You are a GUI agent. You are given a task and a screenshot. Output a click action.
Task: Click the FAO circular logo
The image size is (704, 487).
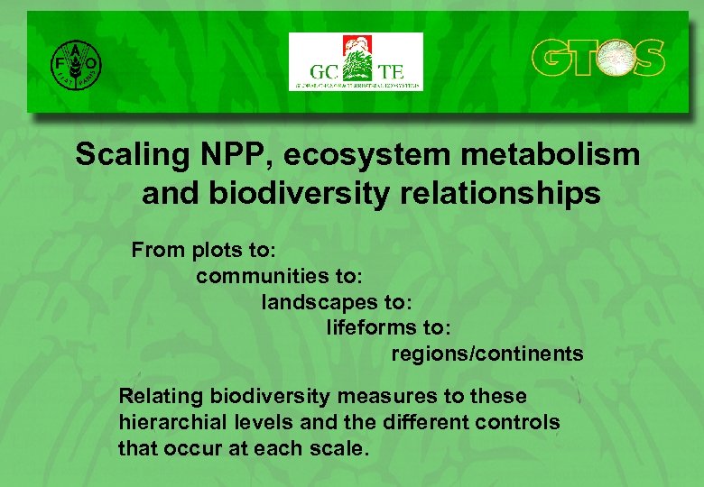[76, 62]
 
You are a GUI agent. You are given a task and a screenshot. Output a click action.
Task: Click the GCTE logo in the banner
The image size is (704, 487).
[356, 61]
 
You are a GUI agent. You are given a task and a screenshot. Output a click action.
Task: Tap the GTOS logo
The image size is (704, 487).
[597, 59]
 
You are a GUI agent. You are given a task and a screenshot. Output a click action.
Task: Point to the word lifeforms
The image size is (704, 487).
[371, 327]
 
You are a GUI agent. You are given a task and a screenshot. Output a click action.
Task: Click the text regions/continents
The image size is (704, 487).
[487, 354]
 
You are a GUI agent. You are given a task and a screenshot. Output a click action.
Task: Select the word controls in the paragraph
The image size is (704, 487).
[522, 422]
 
